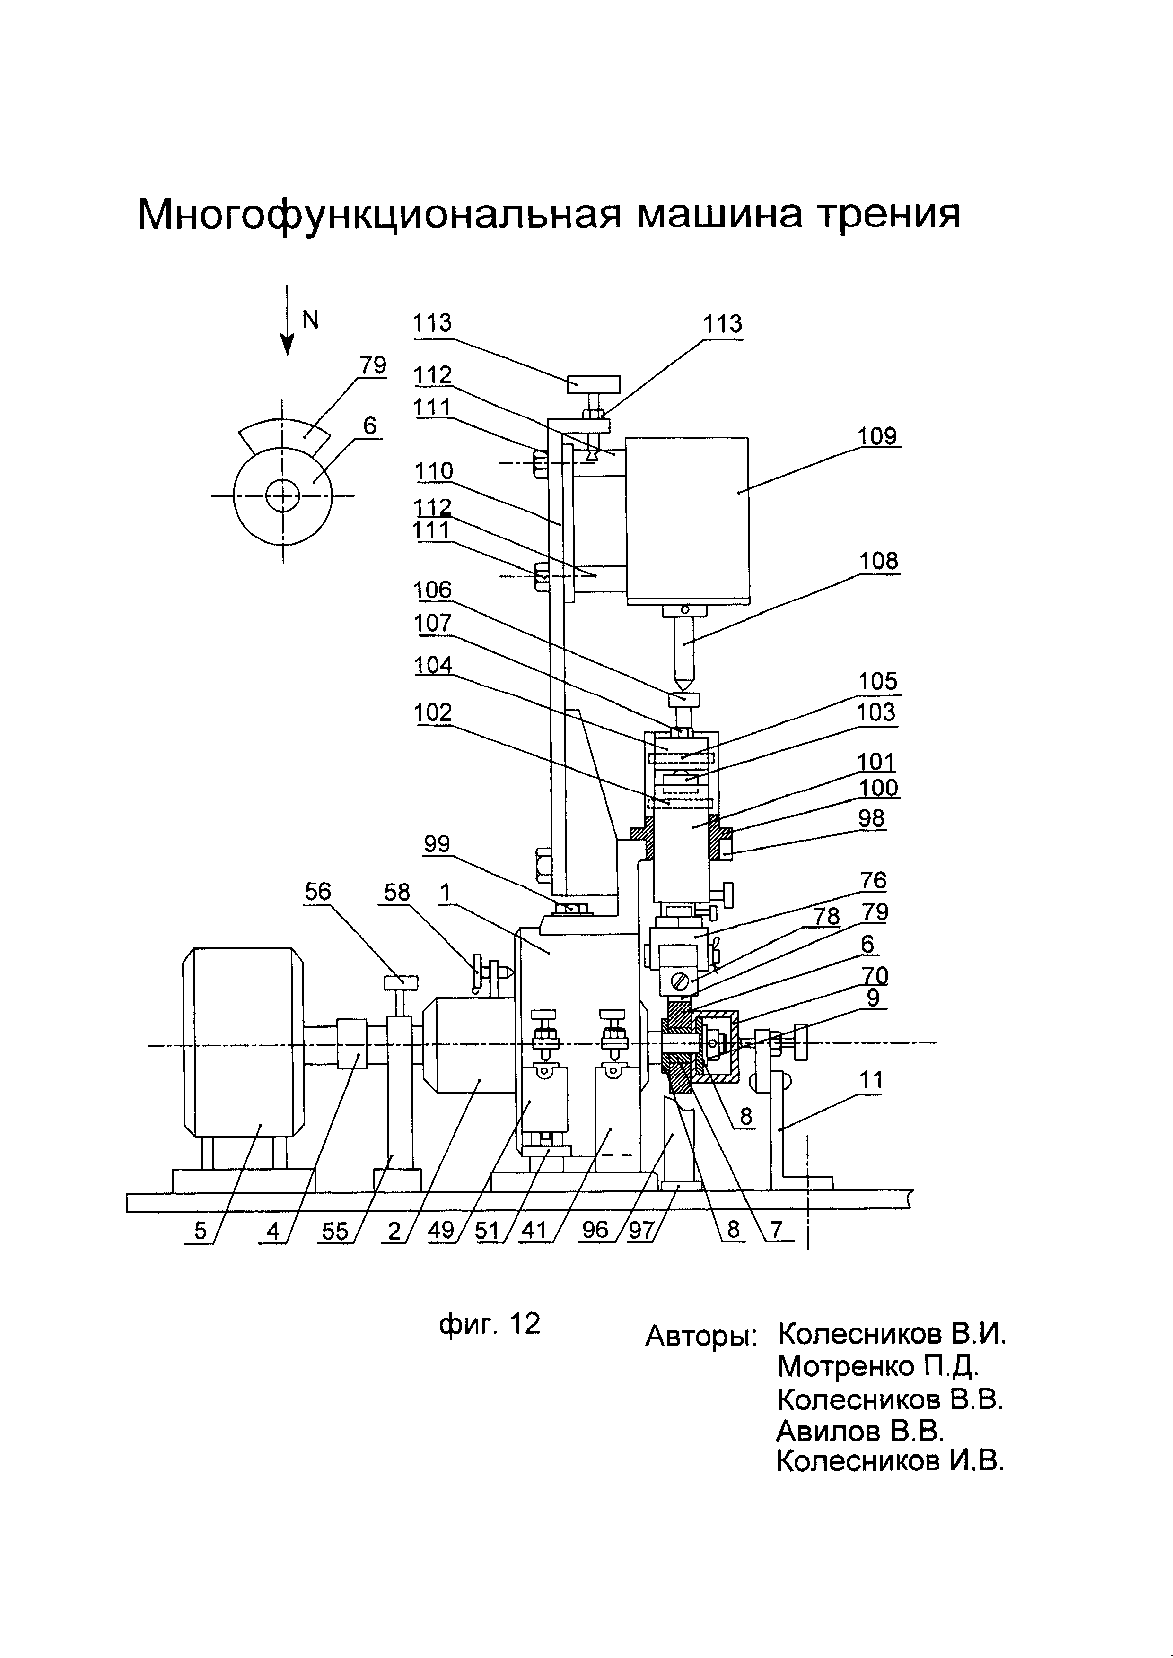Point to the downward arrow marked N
[x=288, y=320]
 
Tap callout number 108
[x=878, y=561]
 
